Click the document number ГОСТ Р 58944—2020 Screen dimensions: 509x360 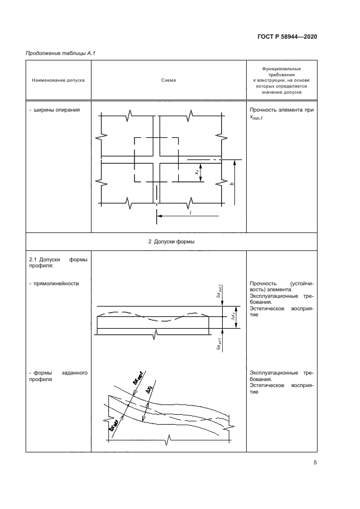(x=286, y=36)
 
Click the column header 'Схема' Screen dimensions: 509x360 (x=168, y=80)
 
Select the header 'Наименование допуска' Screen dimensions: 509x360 (x=58, y=80)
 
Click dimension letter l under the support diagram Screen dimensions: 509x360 (x=190, y=212)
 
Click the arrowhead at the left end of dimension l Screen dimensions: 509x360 (x=160, y=216)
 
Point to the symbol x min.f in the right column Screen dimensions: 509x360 (x=256, y=117)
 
